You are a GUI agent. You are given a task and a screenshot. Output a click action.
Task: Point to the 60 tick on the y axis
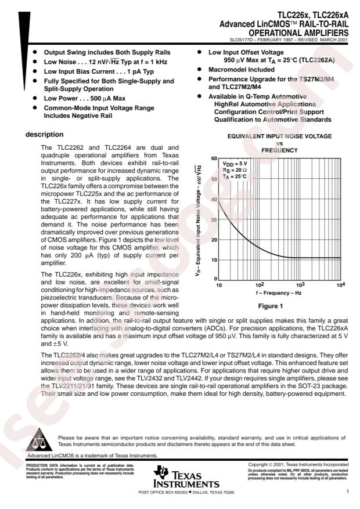214,159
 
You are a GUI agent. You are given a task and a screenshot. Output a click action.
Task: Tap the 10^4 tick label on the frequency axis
340,285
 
